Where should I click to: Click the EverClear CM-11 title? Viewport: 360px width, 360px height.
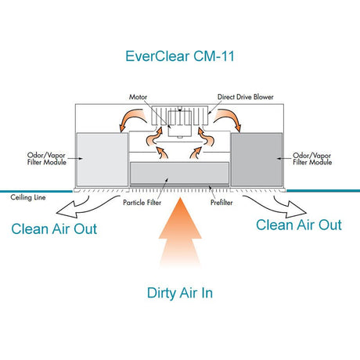point(180,56)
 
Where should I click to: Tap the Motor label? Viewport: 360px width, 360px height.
point(138,97)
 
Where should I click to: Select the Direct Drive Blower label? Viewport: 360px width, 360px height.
point(246,97)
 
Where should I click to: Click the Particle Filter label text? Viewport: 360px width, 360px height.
point(142,203)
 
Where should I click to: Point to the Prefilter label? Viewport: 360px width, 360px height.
point(221,203)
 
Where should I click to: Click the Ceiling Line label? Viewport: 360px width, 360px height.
point(28,197)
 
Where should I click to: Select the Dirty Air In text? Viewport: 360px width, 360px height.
point(180,293)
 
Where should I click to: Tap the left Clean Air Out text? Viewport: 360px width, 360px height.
point(54,229)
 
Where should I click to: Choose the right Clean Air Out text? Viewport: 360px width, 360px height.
point(299,225)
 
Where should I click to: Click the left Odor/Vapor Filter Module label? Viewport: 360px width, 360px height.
point(46,159)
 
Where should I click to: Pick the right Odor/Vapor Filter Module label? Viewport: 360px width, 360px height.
point(312,159)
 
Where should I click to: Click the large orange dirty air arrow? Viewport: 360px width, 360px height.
point(180,232)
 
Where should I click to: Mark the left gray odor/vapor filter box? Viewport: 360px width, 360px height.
point(103,160)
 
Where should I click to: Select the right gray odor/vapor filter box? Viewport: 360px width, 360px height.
point(257,160)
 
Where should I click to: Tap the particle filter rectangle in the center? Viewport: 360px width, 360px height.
point(179,173)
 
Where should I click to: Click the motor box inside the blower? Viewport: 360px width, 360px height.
point(180,124)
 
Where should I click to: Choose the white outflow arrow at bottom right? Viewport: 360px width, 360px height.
point(276,206)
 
